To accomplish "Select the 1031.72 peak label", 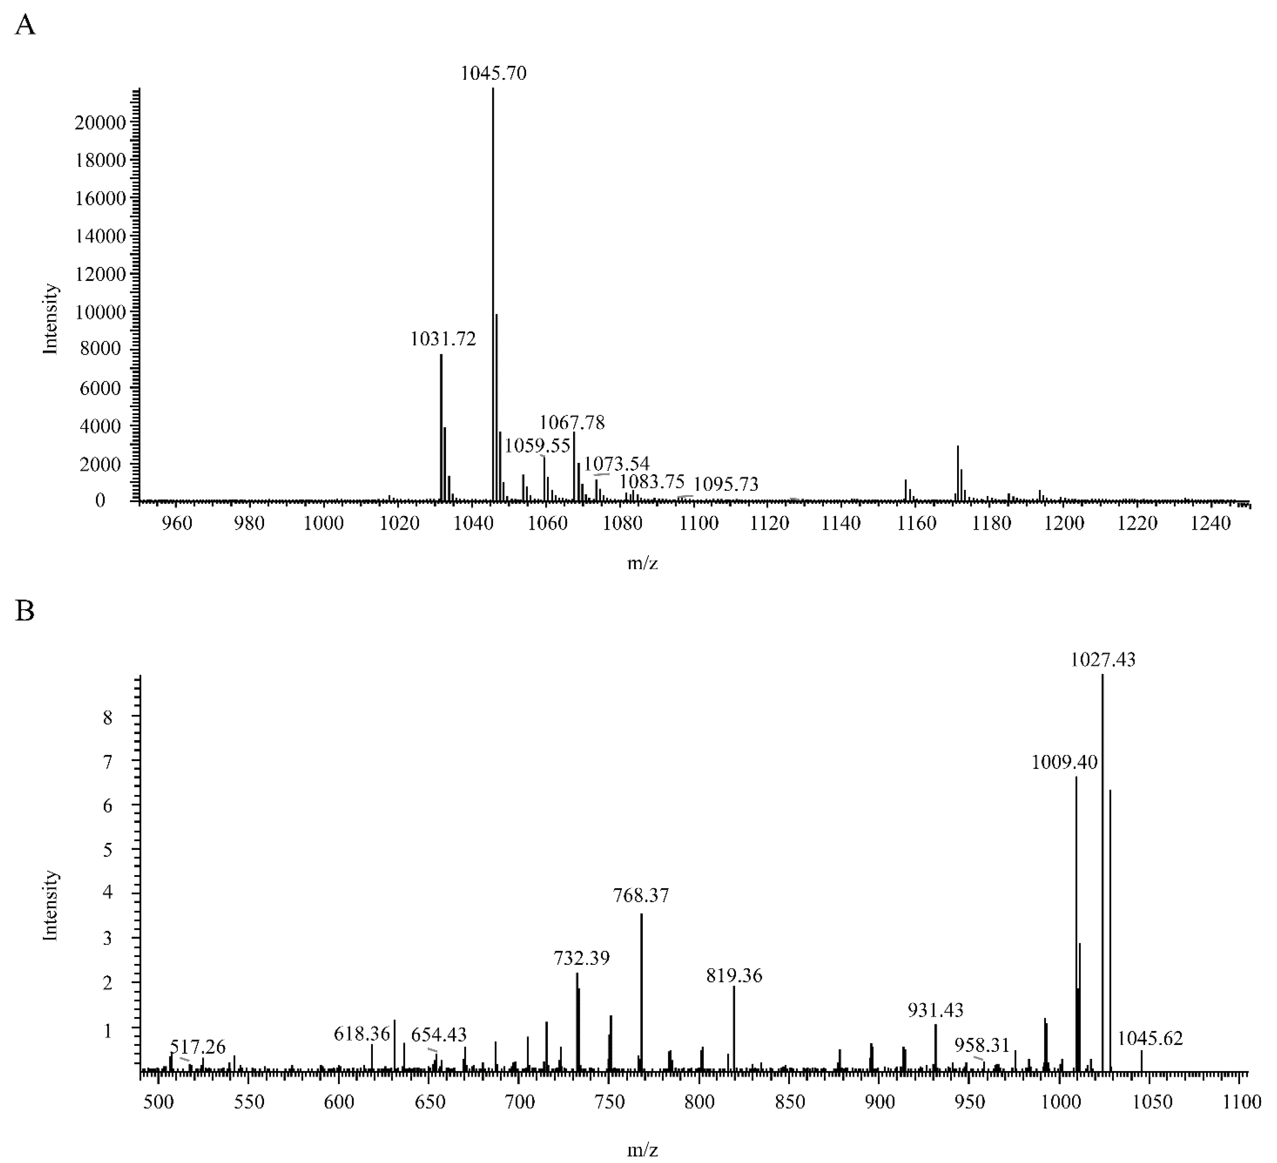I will pyautogui.click(x=443, y=339).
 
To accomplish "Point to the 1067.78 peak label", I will pyautogui.click(x=572, y=422).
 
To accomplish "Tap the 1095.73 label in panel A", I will pyautogui.click(x=726, y=485).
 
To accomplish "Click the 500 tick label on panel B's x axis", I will pyautogui.click(x=158, y=1102).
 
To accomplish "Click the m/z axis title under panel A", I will pyautogui.click(x=642, y=562).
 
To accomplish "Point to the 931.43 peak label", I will pyautogui.click(x=936, y=1010).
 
